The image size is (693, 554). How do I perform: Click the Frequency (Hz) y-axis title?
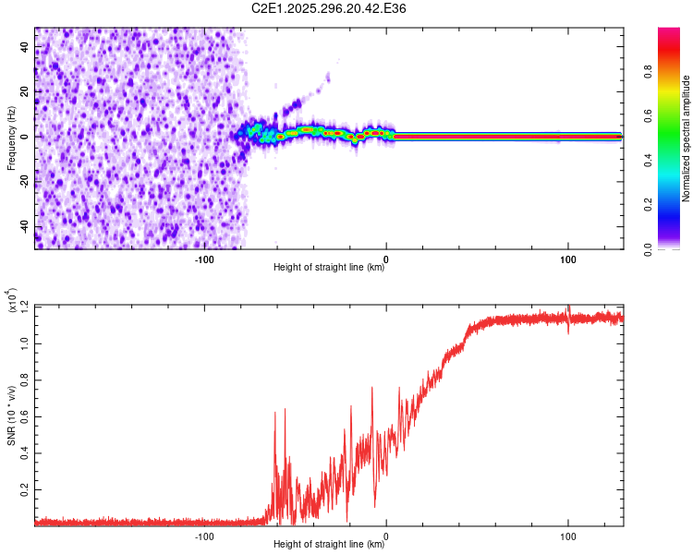[x=11, y=138]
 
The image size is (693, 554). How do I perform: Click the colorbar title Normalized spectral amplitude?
[x=686, y=138]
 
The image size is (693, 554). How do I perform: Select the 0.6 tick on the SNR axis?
[x=24, y=415]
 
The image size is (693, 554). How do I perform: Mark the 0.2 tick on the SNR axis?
[x=24, y=488]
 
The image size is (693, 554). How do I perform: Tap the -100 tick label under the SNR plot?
[x=204, y=535]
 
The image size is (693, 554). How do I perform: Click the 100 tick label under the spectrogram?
[x=567, y=258]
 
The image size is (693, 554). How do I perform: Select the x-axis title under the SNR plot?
[x=329, y=545]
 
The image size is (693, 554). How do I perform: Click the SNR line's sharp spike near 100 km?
[x=568, y=307]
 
